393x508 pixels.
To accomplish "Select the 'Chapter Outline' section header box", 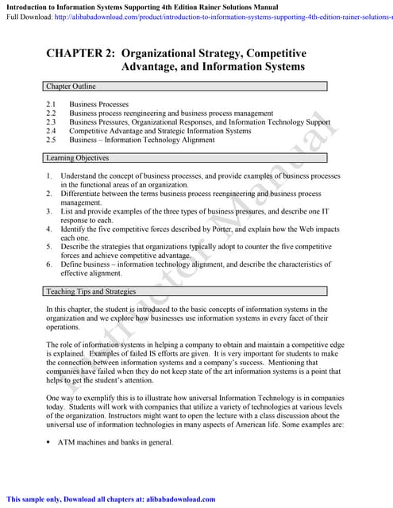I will (x=186, y=87).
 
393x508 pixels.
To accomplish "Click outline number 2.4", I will (x=51, y=131).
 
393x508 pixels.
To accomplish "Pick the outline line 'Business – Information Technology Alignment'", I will (x=142, y=140).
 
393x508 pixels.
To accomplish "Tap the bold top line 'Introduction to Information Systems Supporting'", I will (x=95, y=6).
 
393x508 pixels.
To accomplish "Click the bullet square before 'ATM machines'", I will (x=48, y=443).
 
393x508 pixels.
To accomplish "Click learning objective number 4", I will (x=49, y=229).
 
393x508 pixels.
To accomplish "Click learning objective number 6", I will (x=49, y=264).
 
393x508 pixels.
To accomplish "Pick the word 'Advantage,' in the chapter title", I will (x=154, y=67).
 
